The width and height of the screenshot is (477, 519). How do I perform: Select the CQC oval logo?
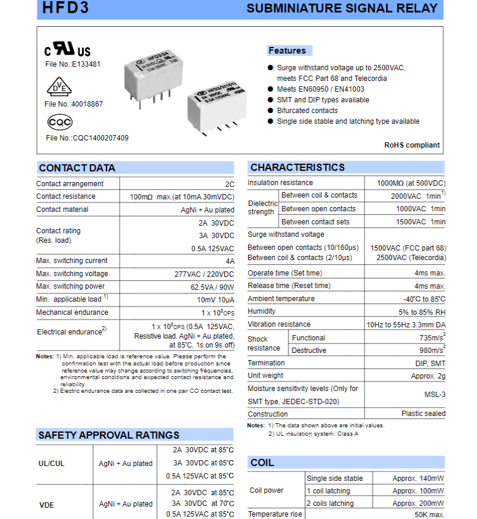(59, 123)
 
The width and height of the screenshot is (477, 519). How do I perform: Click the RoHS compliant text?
(412, 145)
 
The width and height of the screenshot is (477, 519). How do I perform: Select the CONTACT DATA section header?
(77, 168)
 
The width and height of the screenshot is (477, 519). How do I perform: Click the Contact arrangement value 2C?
(229, 185)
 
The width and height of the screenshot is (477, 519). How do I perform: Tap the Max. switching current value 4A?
(230, 261)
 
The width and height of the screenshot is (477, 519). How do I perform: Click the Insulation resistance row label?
(280, 183)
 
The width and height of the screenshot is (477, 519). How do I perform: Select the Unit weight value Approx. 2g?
(428, 376)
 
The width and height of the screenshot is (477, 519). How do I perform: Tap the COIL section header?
(262, 462)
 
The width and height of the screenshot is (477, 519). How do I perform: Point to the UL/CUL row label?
(52, 463)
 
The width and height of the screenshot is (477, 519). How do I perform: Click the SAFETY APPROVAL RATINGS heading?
(108, 435)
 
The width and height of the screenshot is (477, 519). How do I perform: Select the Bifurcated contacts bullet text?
(307, 111)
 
